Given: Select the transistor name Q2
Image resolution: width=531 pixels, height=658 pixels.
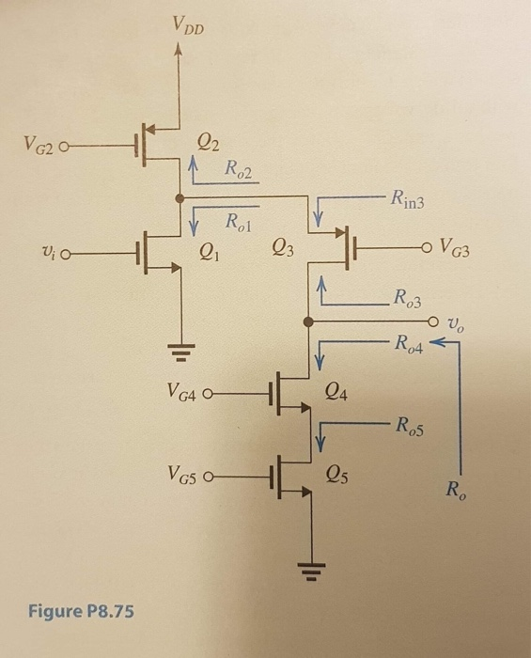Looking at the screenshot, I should [209, 143].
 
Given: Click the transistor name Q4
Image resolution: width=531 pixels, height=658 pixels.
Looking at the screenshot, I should [336, 391].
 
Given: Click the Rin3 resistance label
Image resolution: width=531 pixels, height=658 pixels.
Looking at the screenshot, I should [410, 198].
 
